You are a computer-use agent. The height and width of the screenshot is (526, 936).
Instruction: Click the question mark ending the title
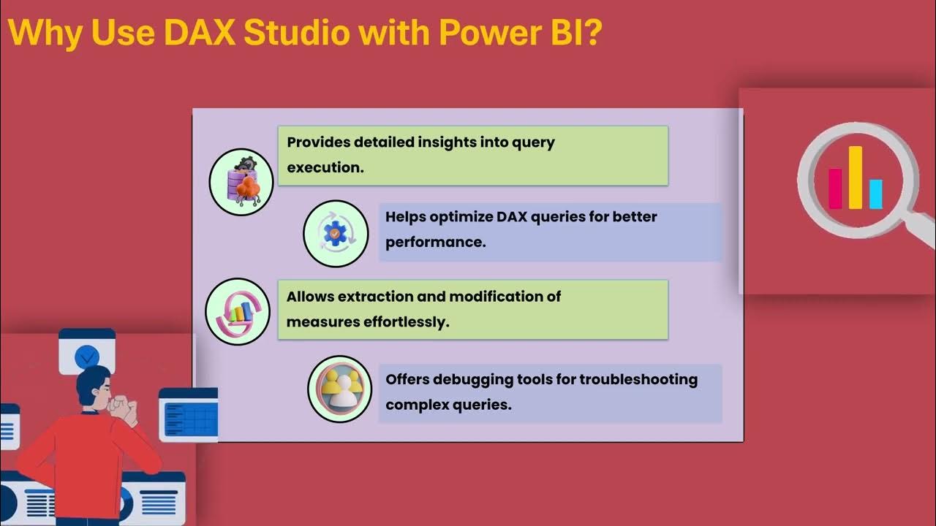592,32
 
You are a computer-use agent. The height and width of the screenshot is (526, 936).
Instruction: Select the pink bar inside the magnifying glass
835,188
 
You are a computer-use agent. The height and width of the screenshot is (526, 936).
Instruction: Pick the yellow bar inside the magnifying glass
855,177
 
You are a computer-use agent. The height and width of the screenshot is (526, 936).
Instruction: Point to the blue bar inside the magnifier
875,194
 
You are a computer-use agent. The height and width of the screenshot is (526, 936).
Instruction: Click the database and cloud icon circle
241,183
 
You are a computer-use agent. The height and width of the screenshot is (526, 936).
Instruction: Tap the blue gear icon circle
336,234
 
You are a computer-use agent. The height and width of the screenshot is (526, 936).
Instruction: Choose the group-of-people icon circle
340,389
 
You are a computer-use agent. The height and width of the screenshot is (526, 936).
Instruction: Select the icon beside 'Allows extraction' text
238,312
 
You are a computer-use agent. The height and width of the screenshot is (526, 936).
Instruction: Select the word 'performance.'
435,242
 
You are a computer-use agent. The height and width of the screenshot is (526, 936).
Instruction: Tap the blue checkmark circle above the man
87,357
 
